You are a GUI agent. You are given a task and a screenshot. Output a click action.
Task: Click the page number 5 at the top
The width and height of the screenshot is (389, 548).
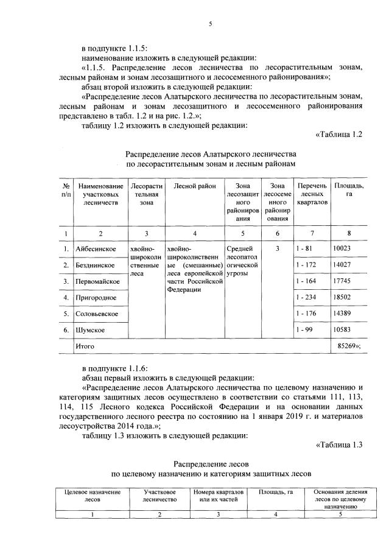click(x=209, y=24)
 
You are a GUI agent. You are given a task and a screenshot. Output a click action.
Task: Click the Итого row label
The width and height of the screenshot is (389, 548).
click(x=85, y=345)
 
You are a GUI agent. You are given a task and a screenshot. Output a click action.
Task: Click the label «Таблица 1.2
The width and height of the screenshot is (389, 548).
click(x=338, y=135)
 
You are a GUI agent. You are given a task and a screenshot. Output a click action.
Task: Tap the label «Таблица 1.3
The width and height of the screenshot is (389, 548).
click(x=338, y=444)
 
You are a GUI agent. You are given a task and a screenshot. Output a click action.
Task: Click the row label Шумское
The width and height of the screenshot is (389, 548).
click(x=90, y=329)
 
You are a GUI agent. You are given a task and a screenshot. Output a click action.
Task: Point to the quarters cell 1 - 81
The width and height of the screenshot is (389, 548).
click(x=302, y=248)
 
